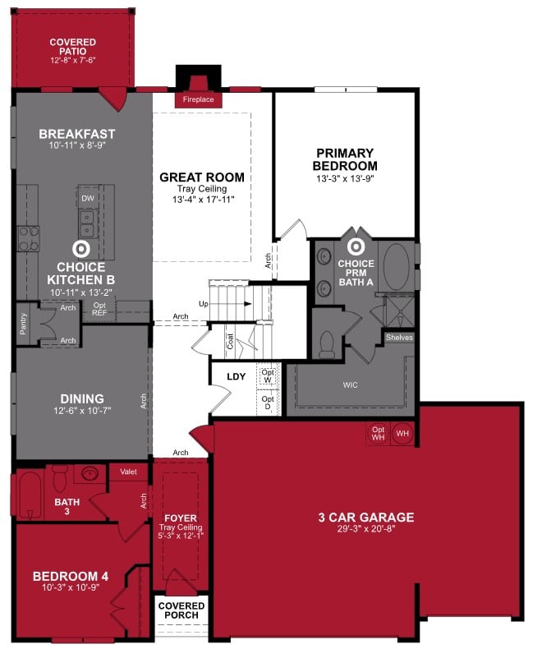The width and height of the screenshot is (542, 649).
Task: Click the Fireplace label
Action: [x=197, y=100]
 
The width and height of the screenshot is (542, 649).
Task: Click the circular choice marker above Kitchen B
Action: [x=81, y=248]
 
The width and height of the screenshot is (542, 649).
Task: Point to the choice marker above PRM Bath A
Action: [x=356, y=246]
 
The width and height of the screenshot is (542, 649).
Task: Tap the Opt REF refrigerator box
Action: [x=99, y=309]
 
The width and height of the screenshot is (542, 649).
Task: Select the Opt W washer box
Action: [x=268, y=375]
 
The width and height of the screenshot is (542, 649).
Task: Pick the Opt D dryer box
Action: [x=268, y=403]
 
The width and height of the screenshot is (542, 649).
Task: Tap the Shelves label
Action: [x=400, y=338]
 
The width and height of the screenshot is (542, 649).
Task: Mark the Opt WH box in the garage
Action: [x=378, y=433]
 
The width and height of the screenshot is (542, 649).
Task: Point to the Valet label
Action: [x=128, y=472]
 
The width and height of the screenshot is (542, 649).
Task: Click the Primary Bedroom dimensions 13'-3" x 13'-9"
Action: [x=345, y=179]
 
